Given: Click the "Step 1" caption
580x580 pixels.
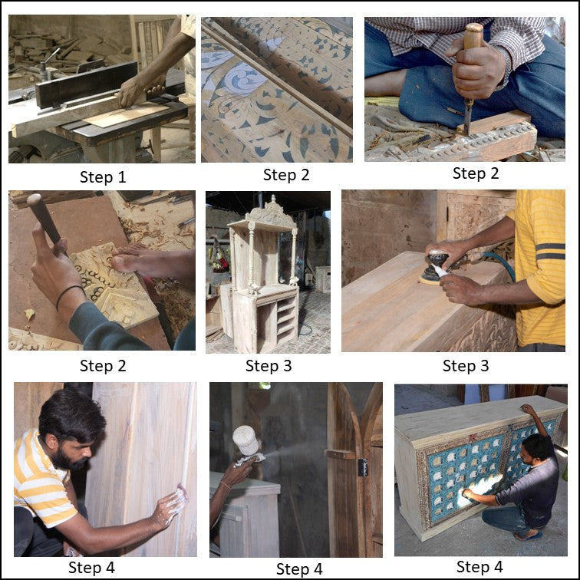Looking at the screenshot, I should click(102, 177).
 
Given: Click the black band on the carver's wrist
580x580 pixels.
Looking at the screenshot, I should click(70, 295).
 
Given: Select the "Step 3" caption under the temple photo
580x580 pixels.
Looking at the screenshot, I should click(268, 366).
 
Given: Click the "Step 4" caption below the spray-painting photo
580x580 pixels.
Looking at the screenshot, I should click(299, 568).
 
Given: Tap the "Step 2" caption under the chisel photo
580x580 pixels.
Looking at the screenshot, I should click(476, 173).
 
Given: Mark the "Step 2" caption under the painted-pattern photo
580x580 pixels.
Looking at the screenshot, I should click(286, 175).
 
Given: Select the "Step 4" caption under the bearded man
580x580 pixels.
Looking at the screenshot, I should click(91, 568).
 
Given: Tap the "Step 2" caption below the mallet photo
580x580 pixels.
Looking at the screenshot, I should click(102, 367).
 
